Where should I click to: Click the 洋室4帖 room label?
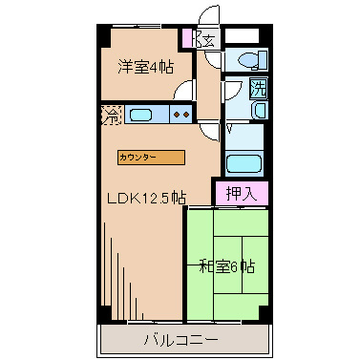point(146,68)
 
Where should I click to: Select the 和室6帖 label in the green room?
point(227,265)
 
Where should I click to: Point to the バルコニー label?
point(180,339)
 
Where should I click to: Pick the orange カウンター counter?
point(152,156)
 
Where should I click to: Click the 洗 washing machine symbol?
point(258,89)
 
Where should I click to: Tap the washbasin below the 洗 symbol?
point(260,111)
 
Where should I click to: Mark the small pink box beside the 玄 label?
point(188,39)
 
